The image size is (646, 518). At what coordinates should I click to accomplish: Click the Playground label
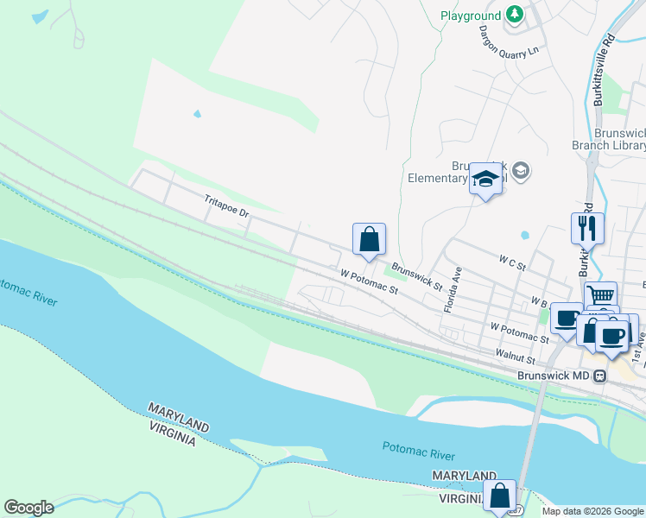(x=470, y=16)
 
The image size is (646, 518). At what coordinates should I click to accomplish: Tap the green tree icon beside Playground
(x=515, y=15)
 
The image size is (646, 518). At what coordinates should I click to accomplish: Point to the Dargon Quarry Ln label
(x=509, y=39)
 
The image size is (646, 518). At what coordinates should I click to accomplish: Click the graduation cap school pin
(x=485, y=180)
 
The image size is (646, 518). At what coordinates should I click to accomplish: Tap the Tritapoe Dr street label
(x=226, y=205)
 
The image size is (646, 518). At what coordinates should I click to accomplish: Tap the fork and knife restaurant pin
(x=587, y=228)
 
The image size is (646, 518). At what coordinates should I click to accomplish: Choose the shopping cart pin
(x=600, y=295)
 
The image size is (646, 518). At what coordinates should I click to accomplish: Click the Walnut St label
(x=516, y=355)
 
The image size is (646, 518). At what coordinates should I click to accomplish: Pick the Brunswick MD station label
(x=553, y=376)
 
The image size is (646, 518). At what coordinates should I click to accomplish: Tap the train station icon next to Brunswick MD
(x=600, y=376)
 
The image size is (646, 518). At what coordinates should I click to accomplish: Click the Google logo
(x=28, y=508)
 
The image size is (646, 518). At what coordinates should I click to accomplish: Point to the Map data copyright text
(x=592, y=511)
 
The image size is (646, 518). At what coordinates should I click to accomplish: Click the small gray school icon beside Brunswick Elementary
(x=520, y=171)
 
